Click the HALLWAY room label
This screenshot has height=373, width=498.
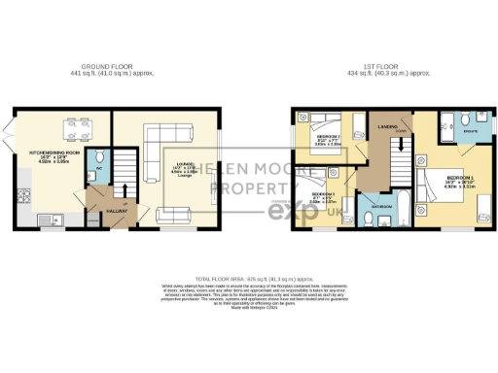pos(103,213)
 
